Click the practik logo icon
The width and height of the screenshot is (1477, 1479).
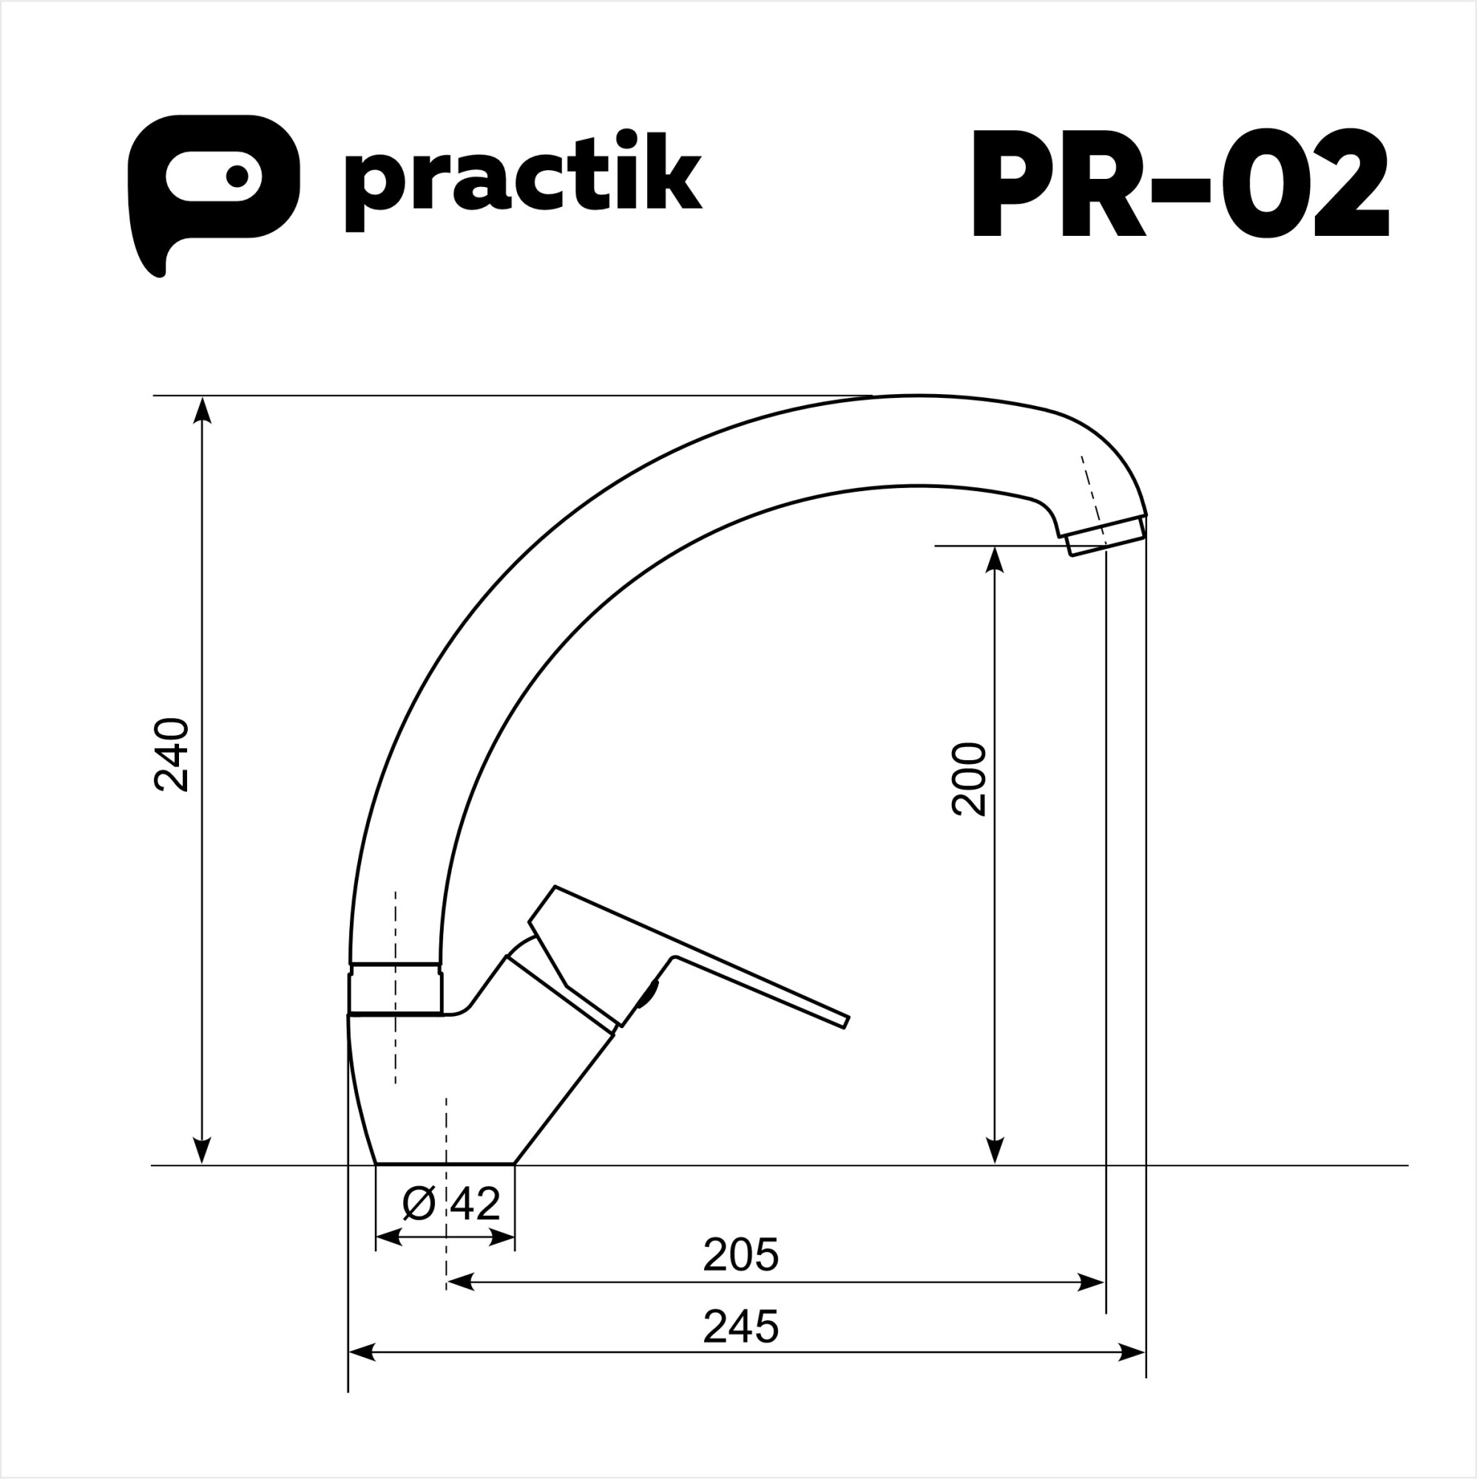coord(213,183)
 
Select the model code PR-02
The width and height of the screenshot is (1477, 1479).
coord(1179,183)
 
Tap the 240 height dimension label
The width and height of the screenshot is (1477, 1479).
coord(172,755)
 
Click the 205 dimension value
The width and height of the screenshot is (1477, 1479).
coord(740,1255)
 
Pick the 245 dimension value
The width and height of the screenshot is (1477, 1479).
coord(740,1327)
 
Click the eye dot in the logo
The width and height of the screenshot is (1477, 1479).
coord(237,176)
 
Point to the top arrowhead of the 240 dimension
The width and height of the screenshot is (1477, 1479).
coord(202,409)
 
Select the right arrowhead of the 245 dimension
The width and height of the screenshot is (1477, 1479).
coord(1133,1353)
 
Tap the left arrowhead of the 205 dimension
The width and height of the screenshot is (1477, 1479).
coord(459,1282)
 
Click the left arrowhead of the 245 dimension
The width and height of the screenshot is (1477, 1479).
coord(362,1353)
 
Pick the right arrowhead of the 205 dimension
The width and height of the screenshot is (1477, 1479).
coord(1092,1282)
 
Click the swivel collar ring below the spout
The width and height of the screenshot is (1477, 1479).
coord(395,989)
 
